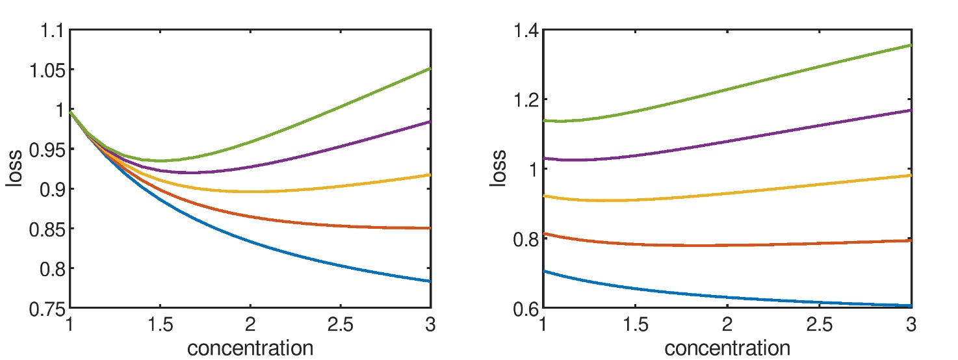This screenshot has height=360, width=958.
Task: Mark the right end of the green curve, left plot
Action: tap(430, 68)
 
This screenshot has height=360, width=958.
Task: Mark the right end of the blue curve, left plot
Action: tap(430, 281)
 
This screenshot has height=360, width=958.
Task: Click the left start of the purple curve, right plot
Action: tap(544, 158)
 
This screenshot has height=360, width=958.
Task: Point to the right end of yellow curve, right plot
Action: tap(911, 175)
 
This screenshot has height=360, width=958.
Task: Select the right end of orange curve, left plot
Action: tap(430, 228)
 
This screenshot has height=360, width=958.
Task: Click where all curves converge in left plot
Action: tap(71, 112)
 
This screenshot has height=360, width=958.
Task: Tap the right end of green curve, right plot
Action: tap(911, 45)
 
